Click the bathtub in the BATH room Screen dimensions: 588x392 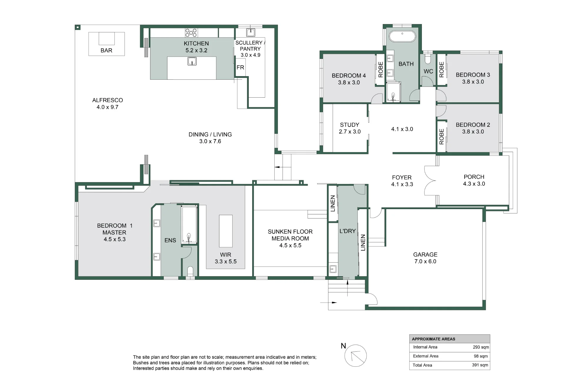(x=402, y=37)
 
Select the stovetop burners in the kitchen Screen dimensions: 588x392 (x=191, y=33)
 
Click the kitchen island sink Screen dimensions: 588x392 (x=192, y=61)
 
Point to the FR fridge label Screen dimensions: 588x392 (x=240, y=67)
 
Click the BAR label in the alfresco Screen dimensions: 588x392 (x=106, y=50)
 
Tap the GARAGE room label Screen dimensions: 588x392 (x=425, y=255)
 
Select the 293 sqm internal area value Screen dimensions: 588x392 (x=481, y=347)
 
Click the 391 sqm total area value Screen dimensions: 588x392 (x=480, y=365)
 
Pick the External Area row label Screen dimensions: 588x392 (x=425, y=356)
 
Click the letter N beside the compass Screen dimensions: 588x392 (x=343, y=346)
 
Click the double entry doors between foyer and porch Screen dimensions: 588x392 (x=430, y=181)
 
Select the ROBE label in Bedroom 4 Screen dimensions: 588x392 (x=380, y=69)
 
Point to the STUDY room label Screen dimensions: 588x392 (x=350, y=125)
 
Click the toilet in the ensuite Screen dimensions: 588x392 (x=190, y=271)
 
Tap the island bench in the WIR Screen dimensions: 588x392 (x=226, y=231)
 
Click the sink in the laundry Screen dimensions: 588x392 (x=333, y=268)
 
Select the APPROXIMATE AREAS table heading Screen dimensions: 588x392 (x=433, y=339)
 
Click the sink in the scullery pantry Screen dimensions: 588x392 (x=251, y=32)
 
